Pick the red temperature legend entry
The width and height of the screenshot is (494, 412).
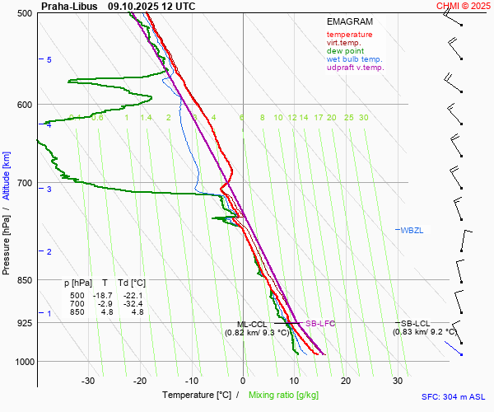349,35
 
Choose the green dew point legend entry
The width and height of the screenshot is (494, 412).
345,51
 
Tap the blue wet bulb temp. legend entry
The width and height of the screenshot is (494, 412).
354,59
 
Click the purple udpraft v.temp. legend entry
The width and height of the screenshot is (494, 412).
355,68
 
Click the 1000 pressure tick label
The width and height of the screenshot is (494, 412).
23,362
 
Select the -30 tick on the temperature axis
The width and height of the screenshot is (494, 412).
88,381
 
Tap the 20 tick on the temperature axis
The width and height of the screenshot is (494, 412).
346,381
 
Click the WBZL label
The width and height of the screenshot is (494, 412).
412,230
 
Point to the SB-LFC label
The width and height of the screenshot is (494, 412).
320,324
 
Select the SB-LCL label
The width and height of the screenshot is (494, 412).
416,324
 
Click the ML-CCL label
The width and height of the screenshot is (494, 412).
252,324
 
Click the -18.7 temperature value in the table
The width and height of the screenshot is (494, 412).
104,296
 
